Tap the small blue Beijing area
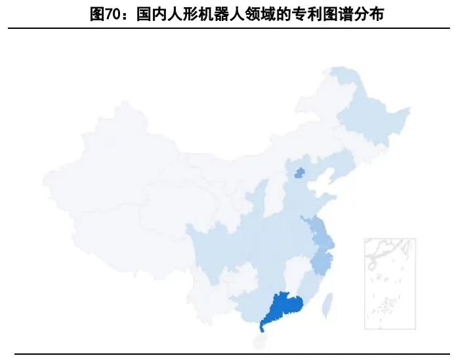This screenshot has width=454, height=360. click(299, 173)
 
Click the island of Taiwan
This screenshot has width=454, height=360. click(330, 302)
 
